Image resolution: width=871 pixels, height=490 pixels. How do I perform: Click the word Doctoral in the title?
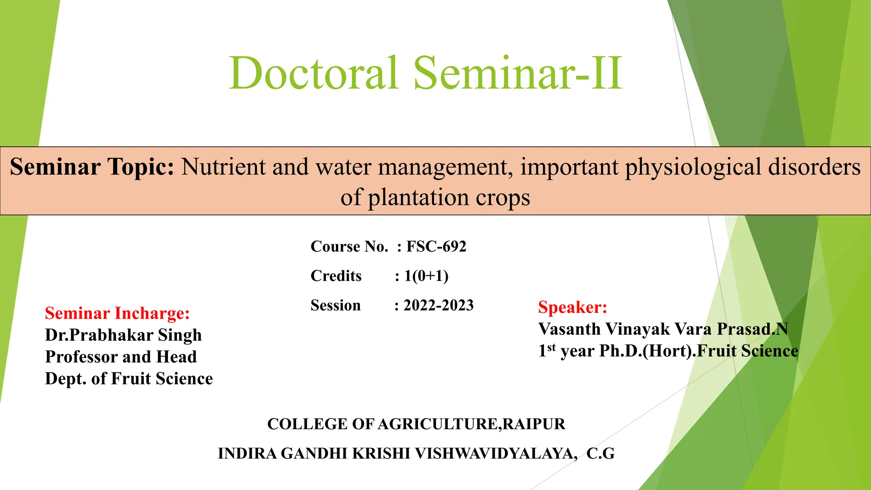point(314,73)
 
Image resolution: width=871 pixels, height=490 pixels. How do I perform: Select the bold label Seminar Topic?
point(92,166)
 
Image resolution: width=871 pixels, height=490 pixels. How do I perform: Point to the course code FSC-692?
point(436,247)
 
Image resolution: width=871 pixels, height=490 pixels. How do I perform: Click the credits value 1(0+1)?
point(426,276)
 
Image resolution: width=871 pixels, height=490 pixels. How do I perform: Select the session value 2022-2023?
point(438,305)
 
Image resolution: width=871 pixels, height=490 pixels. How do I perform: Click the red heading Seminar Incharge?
point(117,313)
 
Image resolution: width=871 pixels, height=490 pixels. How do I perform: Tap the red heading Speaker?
point(572,307)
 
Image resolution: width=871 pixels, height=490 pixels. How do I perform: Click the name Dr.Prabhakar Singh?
point(123,335)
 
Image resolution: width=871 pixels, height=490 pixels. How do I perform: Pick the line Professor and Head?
point(121,357)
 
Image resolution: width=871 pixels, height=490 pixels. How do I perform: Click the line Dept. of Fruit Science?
point(129,379)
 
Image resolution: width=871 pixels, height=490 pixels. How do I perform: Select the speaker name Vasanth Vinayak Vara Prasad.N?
point(663,329)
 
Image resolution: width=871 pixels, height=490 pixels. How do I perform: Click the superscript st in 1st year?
point(551,348)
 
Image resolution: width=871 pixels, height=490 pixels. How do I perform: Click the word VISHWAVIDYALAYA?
point(496,453)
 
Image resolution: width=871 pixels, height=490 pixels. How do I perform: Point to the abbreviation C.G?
point(601,453)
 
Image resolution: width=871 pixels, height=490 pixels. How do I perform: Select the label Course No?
point(349,247)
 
